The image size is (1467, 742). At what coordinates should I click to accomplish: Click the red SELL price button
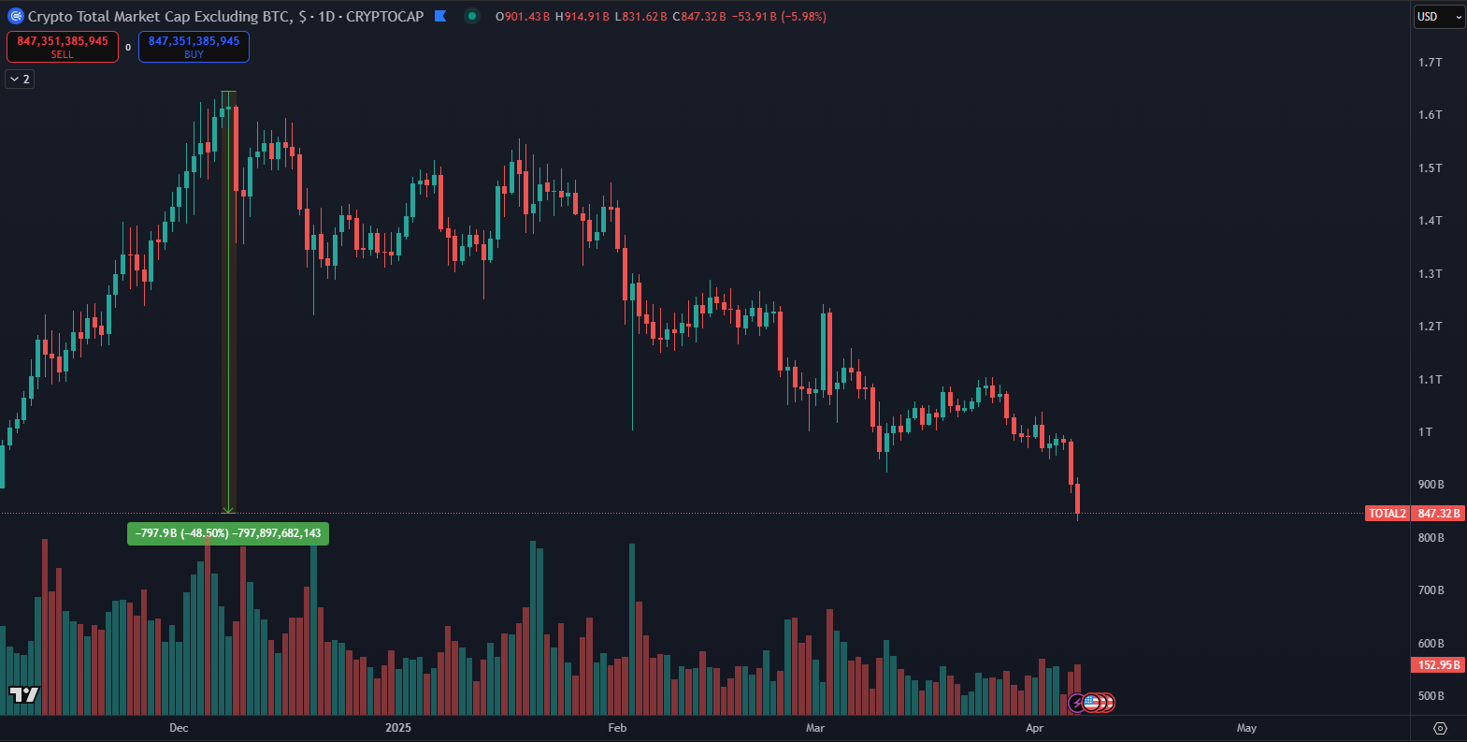63,47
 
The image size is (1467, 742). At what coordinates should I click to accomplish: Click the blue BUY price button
194,47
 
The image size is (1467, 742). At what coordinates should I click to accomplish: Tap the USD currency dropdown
1438,17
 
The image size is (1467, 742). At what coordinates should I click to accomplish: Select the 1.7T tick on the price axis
1430,63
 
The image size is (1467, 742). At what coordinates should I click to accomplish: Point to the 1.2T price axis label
1430,327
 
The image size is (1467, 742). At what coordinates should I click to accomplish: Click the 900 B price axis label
1431,485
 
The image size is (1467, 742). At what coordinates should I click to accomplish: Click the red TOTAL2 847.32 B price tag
1415,514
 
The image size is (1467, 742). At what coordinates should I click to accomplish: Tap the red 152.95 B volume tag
1438,665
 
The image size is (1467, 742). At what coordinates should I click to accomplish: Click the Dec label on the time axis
179,728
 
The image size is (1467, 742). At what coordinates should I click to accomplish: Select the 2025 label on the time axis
398,728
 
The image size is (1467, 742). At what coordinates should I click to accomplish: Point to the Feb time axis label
617,728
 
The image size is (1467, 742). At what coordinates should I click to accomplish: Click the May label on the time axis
1246,728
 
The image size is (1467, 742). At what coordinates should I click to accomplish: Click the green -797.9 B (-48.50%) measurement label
228,533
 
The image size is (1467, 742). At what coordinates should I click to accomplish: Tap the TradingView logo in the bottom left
24,694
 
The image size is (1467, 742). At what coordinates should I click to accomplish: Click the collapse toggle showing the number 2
21,80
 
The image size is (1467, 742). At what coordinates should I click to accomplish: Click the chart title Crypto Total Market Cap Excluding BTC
159,17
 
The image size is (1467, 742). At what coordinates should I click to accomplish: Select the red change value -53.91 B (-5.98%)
778,17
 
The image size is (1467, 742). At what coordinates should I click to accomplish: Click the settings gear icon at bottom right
1440,728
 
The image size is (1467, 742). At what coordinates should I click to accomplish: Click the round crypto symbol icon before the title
15,16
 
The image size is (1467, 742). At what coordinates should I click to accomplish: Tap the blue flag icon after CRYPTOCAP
441,16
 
